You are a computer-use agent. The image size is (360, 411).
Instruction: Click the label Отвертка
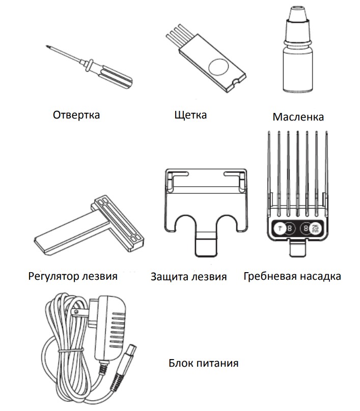click(x=76, y=115)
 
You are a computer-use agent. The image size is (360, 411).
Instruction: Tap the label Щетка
click(x=190, y=115)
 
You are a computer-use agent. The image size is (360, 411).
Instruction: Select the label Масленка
click(x=298, y=117)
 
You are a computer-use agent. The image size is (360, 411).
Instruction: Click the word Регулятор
click(x=53, y=276)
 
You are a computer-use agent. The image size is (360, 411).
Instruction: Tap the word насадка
click(x=320, y=277)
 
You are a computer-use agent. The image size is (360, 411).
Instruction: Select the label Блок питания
click(x=203, y=363)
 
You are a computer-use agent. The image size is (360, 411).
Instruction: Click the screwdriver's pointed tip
click(x=47, y=46)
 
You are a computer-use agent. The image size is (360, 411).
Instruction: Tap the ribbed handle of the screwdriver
click(x=116, y=76)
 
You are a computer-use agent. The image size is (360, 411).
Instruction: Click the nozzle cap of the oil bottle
click(x=298, y=15)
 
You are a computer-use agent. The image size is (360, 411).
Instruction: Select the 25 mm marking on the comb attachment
click(x=315, y=229)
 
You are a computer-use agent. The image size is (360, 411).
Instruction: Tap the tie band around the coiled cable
click(x=70, y=350)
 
